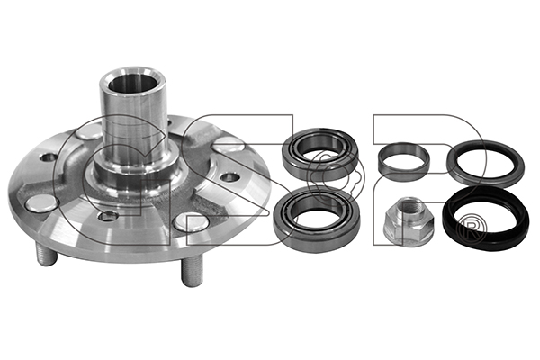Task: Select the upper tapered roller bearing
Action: (320, 154)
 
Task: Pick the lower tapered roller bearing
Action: (317, 214)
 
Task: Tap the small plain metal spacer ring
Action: (404, 159)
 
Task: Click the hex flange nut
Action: (409, 219)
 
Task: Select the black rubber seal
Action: (485, 218)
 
